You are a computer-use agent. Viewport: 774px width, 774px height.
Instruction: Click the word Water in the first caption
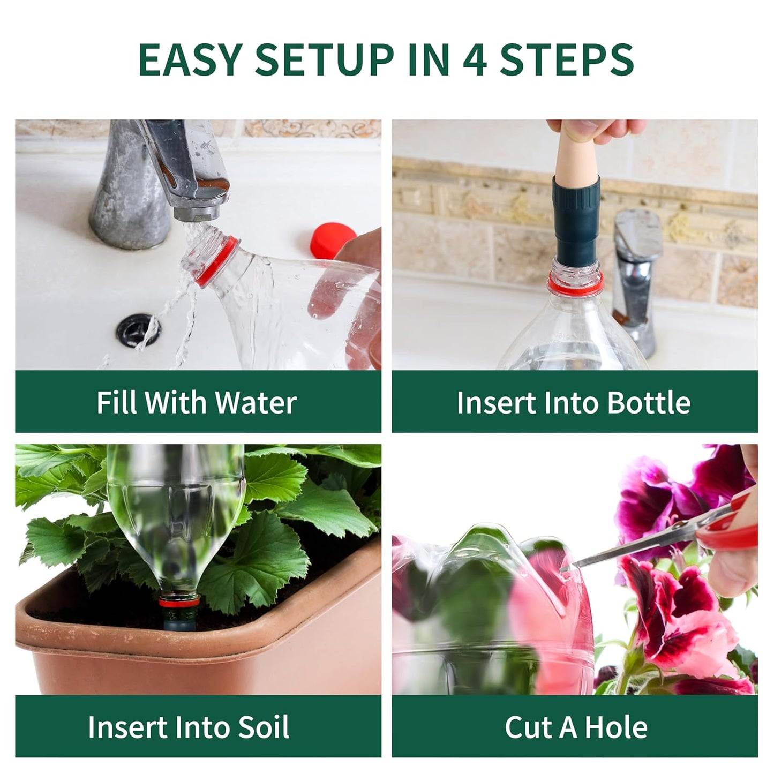click(256, 402)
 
